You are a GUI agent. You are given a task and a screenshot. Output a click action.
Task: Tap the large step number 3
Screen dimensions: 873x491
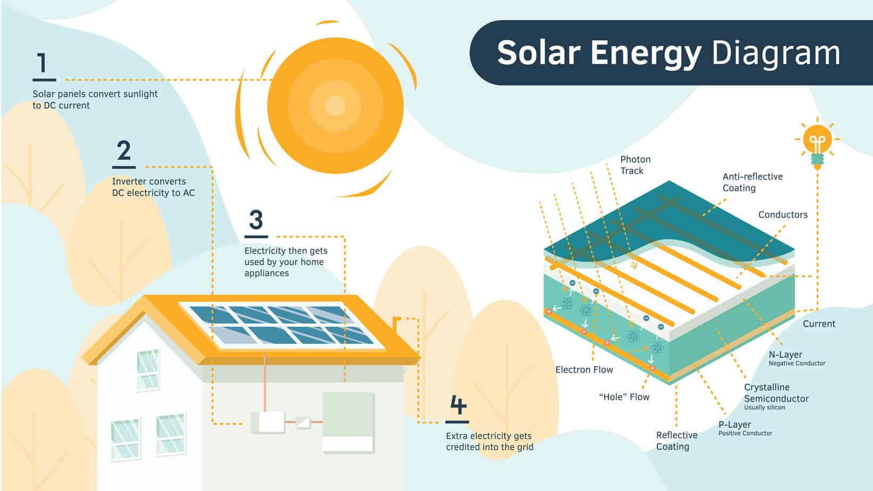coord(256,219)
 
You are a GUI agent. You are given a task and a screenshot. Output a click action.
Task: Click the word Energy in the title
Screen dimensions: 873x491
coord(646,53)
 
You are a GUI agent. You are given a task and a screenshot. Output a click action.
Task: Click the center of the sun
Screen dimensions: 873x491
coord(335,105)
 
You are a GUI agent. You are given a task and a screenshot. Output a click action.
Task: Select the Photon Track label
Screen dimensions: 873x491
coord(635,165)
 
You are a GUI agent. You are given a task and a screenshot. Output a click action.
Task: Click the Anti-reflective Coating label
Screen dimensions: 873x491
coord(752,182)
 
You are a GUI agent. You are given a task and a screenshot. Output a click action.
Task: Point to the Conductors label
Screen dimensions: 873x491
coord(783,215)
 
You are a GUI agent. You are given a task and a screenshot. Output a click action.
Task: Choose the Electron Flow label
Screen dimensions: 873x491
coord(584,370)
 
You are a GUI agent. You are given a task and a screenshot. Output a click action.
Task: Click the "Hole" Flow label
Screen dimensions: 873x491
coord(624,397)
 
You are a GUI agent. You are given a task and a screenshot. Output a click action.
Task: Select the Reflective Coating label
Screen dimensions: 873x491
coord(676,441)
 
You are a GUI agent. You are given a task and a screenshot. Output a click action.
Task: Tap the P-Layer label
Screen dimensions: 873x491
coord(745,428)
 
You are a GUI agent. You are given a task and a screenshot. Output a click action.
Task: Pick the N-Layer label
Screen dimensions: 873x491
coord(797,358)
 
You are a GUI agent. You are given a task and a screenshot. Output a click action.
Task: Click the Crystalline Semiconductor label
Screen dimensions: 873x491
coord(776,396)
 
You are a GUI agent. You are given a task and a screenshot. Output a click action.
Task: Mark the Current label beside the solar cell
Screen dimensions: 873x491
coord(819,324)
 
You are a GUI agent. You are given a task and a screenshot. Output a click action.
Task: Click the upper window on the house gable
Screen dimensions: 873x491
coord(148,370)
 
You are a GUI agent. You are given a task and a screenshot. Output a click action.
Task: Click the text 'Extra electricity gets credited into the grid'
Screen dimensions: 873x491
coord(489,442)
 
